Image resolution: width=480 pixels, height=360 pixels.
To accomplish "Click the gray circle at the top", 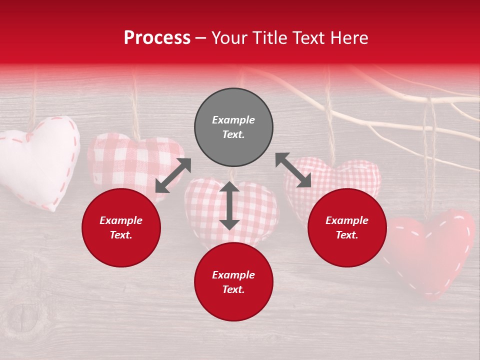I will click(x=233, y=127).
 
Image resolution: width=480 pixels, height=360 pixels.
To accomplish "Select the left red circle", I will click(x=121, y=227).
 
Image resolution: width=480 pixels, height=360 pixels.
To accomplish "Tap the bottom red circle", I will click(x=233, y=282).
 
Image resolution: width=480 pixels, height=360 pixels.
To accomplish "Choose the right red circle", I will click(x=347, y=227).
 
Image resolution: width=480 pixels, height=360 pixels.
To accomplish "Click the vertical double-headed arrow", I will click(x=229, y=205).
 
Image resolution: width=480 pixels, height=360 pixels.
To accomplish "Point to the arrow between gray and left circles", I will click(x=173, y=175).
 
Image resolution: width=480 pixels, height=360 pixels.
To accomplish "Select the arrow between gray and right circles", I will click(x=293, y=170).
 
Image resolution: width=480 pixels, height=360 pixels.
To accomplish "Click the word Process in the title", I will click(x=157, y=38).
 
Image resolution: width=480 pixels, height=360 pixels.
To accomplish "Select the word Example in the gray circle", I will click(x=233, y=120).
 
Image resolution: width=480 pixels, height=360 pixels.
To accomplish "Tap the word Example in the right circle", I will click(x=347, y=220).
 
